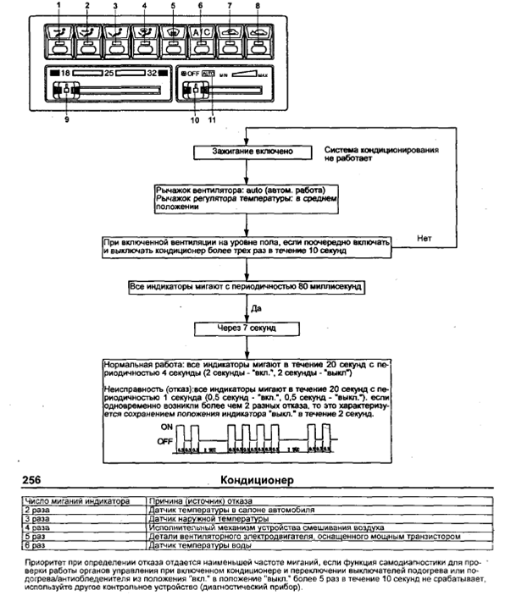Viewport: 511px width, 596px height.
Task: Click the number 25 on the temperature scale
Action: pyautogui.click(x=110, y=74)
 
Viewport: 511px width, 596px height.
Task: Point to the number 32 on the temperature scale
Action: pyautogui.click(x=153, y=74)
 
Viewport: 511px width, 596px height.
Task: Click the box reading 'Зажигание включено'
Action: pyautogui.click(x=245, y=152)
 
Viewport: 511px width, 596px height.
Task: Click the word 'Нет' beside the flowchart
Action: pyautogui.click(x=426, y=239)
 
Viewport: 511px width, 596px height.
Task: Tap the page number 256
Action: pyautogui.click(x=31, y=481)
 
